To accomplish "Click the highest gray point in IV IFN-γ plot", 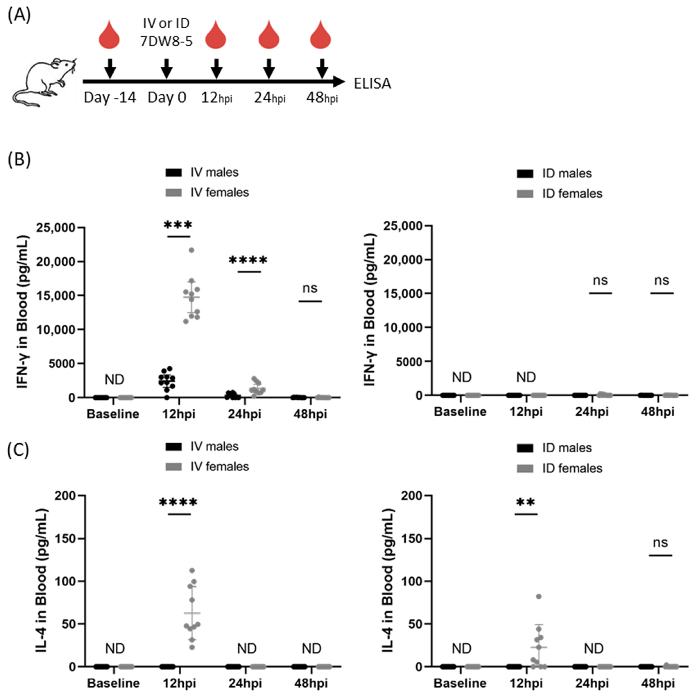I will pyautogui.click(x=191, y=250).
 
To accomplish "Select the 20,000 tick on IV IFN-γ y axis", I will pyautogui.click(x=60, y=262).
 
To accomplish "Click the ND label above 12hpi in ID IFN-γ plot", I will pyautogui.click(x=526, y=377).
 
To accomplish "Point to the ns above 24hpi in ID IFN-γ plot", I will pyautogui.click(x=600, y=280).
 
